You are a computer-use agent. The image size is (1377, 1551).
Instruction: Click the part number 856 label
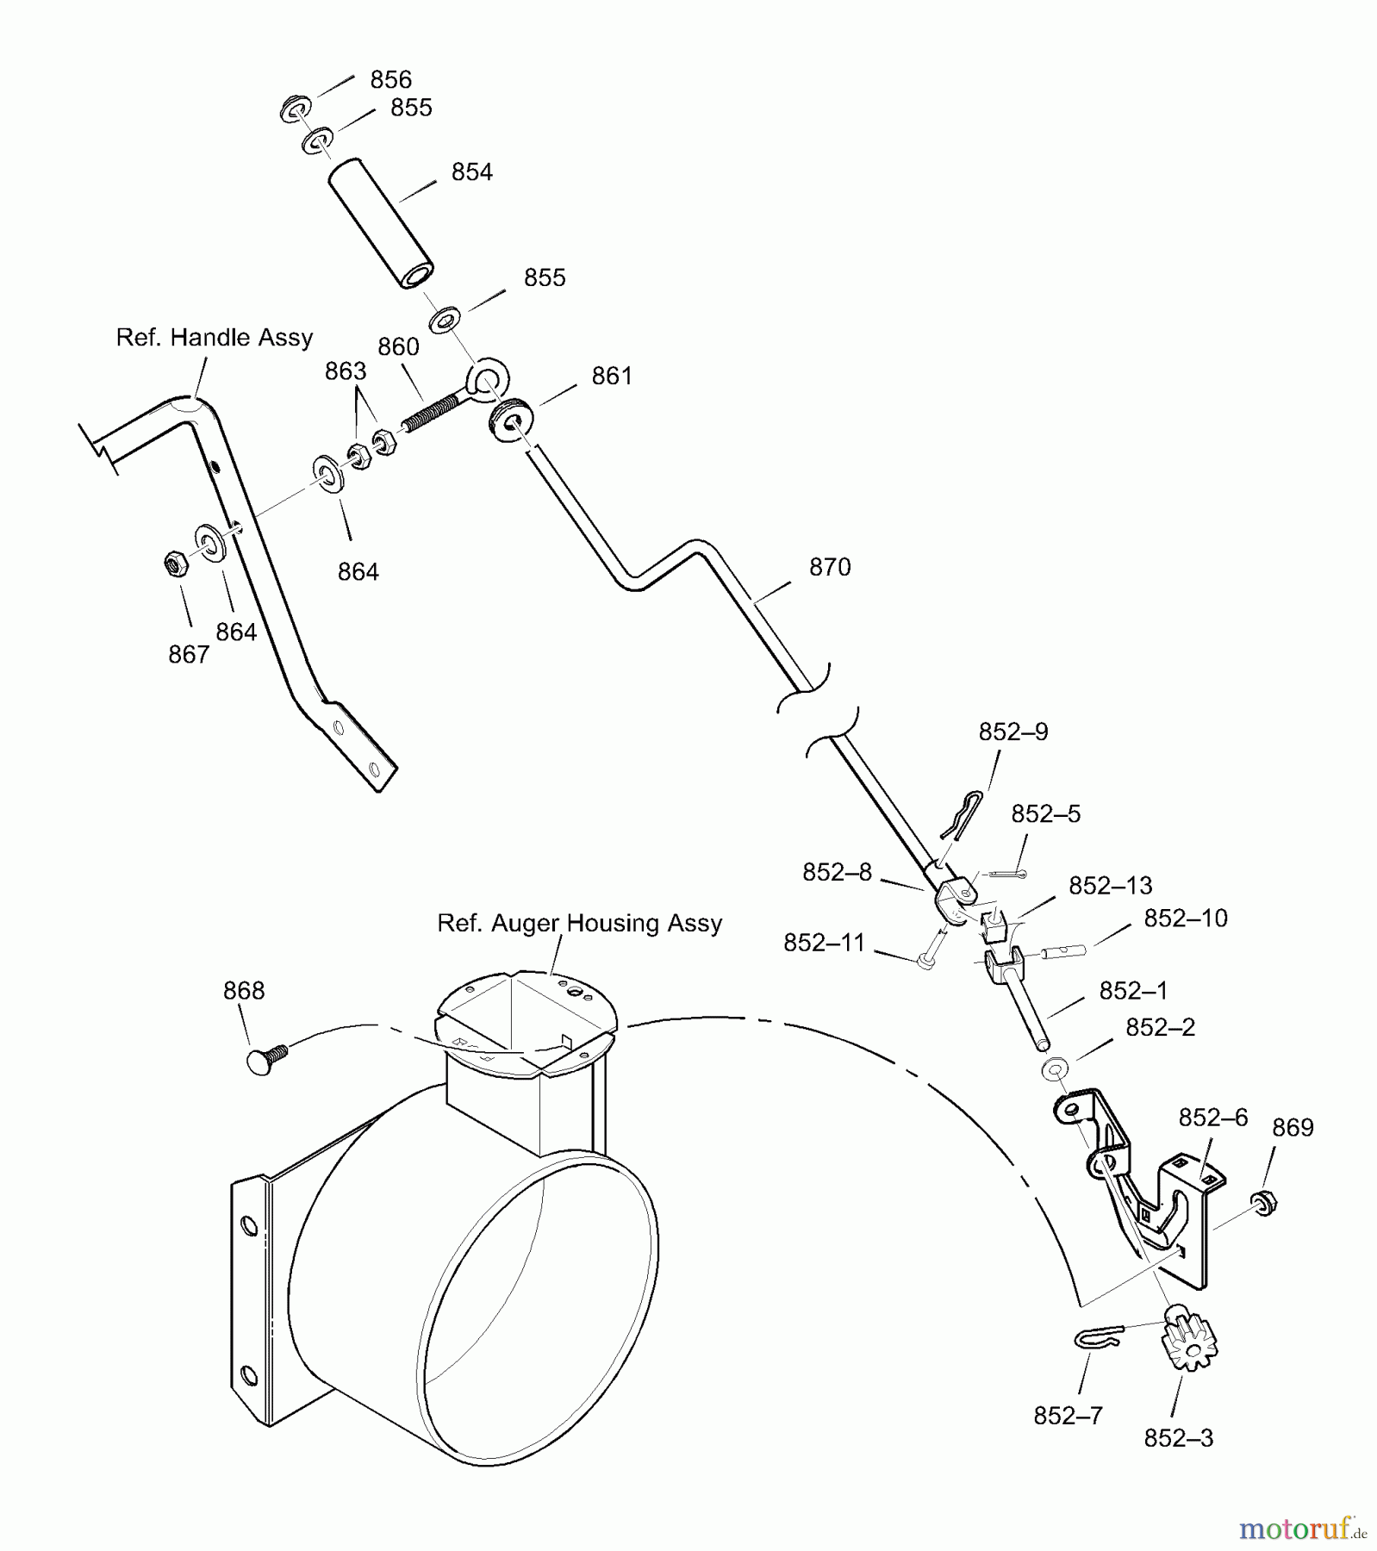[390, 80]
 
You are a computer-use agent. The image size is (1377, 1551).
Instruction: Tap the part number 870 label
[830, 567]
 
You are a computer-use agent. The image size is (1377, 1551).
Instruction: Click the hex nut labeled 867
[175, 564]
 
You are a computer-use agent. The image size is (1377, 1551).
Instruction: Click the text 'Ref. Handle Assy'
[215, 337]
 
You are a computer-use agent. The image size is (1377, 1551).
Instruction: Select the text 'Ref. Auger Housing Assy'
[579, 924]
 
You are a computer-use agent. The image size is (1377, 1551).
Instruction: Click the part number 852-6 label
[1212, 1118]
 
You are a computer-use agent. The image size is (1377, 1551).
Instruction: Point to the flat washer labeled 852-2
[1054, 1069]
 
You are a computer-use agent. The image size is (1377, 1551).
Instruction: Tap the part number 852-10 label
[1185, 918]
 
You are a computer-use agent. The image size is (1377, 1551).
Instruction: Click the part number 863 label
[346, 371]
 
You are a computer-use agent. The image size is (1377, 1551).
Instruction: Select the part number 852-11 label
[823, 943]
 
